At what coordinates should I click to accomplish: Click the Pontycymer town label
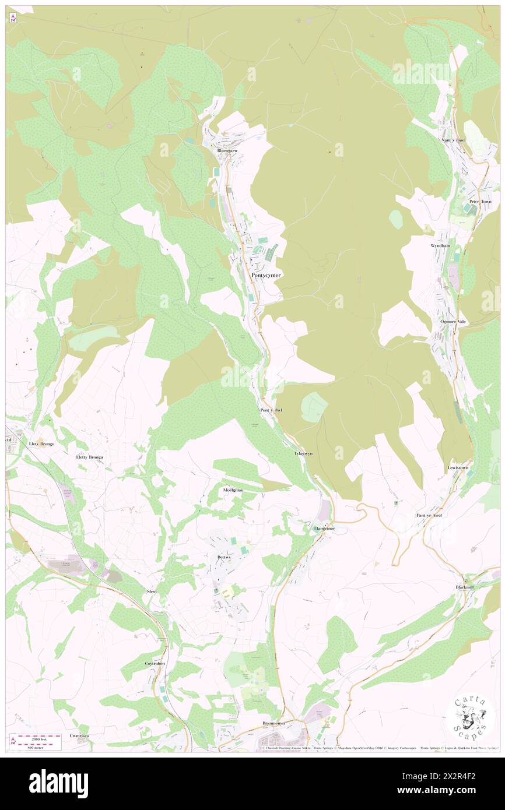(265, 275)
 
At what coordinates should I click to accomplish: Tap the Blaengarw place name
(227, 150)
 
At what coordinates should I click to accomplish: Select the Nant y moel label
(453, 140)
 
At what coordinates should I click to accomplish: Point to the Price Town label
(481, 202)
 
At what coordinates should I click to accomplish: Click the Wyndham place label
(440, 246)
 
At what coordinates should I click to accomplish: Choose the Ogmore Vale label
(453, 322)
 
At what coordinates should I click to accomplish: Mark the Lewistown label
(458, 467)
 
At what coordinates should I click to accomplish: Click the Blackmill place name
(465, 587)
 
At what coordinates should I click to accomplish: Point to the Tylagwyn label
(303, 453)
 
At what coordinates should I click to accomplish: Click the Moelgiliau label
(233, 491)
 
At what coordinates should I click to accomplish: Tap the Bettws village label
(224, 557)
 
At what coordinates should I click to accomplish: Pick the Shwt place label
(152, 591)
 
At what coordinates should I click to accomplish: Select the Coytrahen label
(155, 664)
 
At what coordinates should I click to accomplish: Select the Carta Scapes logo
(471, 717)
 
